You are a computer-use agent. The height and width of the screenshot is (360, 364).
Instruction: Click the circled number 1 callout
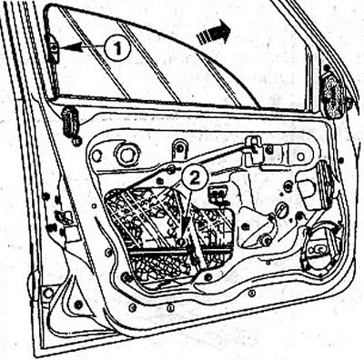[x=117, y=47]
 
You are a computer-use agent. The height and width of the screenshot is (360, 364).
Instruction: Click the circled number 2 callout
[x=194, y=178]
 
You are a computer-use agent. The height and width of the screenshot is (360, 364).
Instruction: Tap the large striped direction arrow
[x=214, y=32]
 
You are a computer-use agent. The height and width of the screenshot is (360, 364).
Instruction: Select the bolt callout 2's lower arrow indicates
[x=181, y=243]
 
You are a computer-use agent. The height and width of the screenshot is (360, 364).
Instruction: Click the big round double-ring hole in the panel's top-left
[x=128, y=155]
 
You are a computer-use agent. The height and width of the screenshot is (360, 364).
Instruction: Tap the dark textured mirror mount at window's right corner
[x=336, y=95]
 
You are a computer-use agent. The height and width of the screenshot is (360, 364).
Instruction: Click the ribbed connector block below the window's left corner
[x=69, y=122]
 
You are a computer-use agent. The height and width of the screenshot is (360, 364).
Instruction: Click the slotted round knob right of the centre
[x=280, y=211]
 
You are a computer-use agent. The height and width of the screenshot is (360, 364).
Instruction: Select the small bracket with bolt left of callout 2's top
[x=179, y=148]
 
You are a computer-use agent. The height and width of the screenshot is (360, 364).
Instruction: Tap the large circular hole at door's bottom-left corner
[x=48, y=294]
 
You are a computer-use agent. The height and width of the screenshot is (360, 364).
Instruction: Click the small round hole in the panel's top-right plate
[x=301, y=156]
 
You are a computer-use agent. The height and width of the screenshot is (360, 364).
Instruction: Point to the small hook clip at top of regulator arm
[x=253, y=145]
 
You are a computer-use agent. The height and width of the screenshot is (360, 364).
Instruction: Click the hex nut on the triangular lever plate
[x=267, y=241]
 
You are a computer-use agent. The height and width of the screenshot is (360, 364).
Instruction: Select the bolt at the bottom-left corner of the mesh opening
[x=125, y=276]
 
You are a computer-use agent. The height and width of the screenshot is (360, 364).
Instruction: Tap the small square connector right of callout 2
[x=217, y=194]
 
